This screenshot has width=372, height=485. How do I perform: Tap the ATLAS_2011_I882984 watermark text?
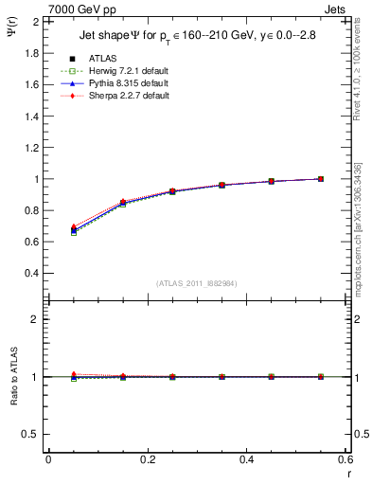click(197, 283)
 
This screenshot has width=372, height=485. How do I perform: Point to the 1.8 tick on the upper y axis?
click(32, 53)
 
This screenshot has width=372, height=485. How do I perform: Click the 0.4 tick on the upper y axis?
click(32, 274)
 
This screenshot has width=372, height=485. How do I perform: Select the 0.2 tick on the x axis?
click(148, 460)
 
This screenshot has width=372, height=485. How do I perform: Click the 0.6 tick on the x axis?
click(345, 460)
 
